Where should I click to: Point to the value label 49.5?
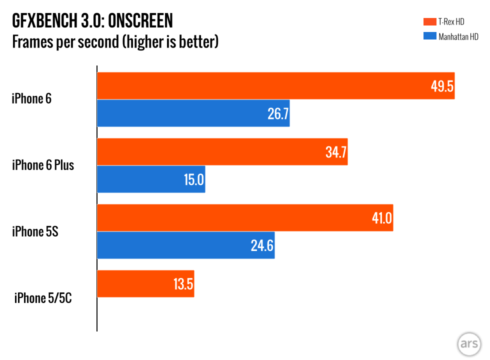coord(441,86)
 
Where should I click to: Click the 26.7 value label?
coord(277,113)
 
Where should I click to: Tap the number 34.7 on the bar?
coord(335,152)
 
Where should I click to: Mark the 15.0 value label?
coord(193,179)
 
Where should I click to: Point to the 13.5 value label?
coord(182,284)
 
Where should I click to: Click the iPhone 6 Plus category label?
coord(43,165)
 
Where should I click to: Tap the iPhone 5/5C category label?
coord(44,298)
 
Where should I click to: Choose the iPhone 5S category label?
coord(35,231)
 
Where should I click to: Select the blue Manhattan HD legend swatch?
coord(428,36)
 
